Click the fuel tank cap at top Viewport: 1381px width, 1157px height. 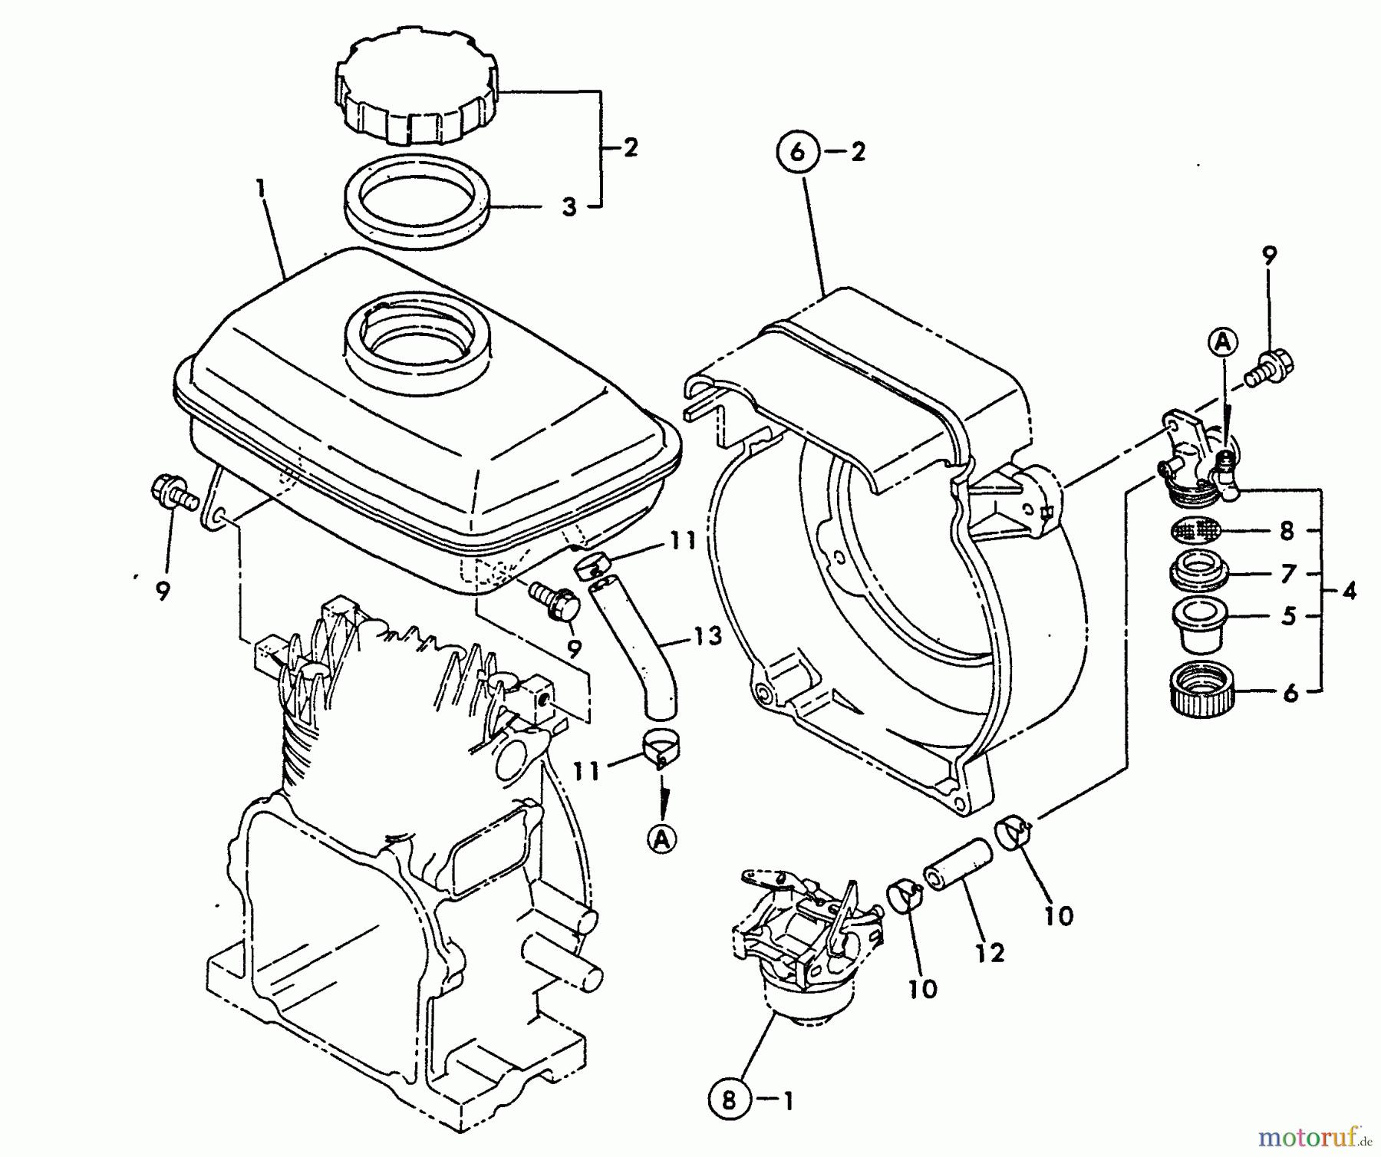tap(417, 90)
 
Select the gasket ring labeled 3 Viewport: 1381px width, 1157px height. tap(418, 206)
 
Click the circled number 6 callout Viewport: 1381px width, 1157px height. tap(798, 152)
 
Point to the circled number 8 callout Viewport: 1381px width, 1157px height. tap(728, 1102)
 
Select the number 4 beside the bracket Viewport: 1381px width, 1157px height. tap(1350, 591)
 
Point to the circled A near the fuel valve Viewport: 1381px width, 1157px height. tap(1223, 341)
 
